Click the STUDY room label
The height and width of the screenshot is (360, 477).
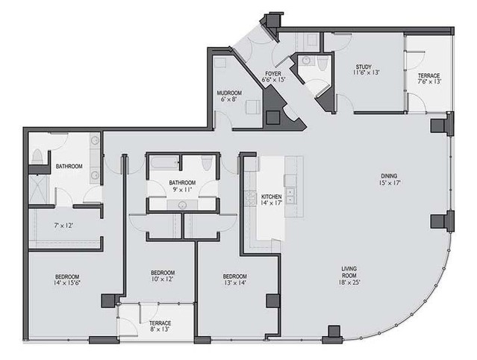point(364,67)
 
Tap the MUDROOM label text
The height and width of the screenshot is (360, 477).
point(229,93)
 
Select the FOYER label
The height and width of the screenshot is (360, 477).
point(273,74)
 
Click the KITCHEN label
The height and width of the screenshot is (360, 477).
point(272,197)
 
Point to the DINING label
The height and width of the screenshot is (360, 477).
point(389,176)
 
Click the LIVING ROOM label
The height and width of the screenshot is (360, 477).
point(349,272)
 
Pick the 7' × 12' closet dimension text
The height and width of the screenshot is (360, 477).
point(63,226)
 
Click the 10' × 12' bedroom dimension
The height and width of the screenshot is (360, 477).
point(163,279)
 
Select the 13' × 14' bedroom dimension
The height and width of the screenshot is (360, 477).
point(235,282)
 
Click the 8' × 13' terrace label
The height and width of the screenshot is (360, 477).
point(160,329)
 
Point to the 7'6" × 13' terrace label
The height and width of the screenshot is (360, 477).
point(428,81)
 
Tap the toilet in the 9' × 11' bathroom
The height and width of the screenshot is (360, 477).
point(207,163)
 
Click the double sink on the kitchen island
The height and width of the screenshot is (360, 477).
point(290,196)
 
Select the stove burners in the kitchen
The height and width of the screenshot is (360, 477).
point(250,199)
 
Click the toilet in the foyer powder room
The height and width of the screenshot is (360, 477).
point(322,62)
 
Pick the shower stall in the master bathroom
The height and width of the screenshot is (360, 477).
point(39,189)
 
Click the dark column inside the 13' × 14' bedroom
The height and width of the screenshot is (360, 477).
point(273,301)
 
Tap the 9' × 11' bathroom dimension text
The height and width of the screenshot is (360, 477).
point(182,190)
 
